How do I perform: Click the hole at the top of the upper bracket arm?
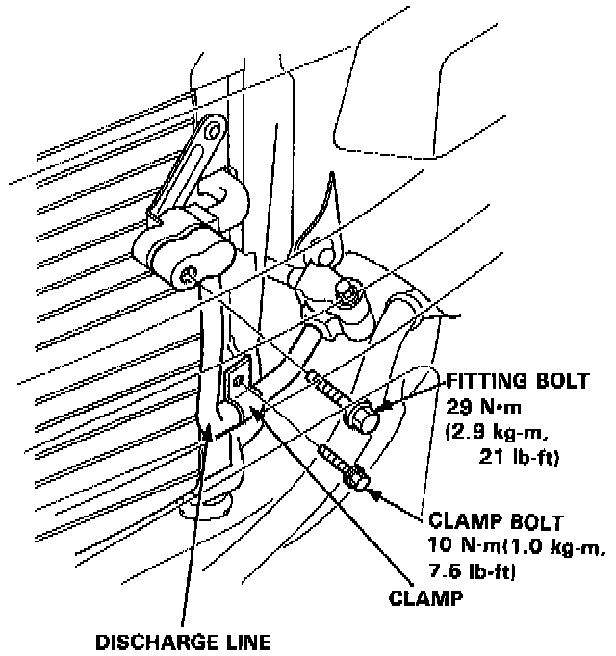click(215, 129)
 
